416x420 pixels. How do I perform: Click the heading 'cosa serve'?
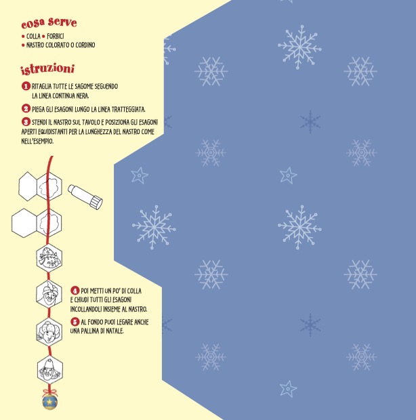pos(49,23)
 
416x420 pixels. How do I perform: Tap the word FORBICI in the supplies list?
pos(55,36)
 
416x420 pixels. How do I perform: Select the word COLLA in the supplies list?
pos(33,36)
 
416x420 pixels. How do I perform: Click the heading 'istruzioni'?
pos(47,69)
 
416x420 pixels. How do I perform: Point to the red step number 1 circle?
pos(26,86)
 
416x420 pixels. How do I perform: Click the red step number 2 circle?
pos(26,109)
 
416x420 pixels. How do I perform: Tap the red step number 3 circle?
pos(26,122)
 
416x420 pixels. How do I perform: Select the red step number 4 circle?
pos(75,291)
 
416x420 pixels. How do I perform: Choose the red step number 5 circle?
pos(75,322)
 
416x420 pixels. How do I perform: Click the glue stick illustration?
pos(85,196)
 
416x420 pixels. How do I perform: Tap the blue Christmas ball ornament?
pos(50,402)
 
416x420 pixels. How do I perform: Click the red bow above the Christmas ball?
pos(50,392)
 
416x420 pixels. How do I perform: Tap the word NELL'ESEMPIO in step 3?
pos(37,141)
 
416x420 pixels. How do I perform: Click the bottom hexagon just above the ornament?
pos(50,371)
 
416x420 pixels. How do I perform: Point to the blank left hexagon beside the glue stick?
pos(28,186)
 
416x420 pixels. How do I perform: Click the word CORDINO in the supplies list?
pos(85,45)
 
